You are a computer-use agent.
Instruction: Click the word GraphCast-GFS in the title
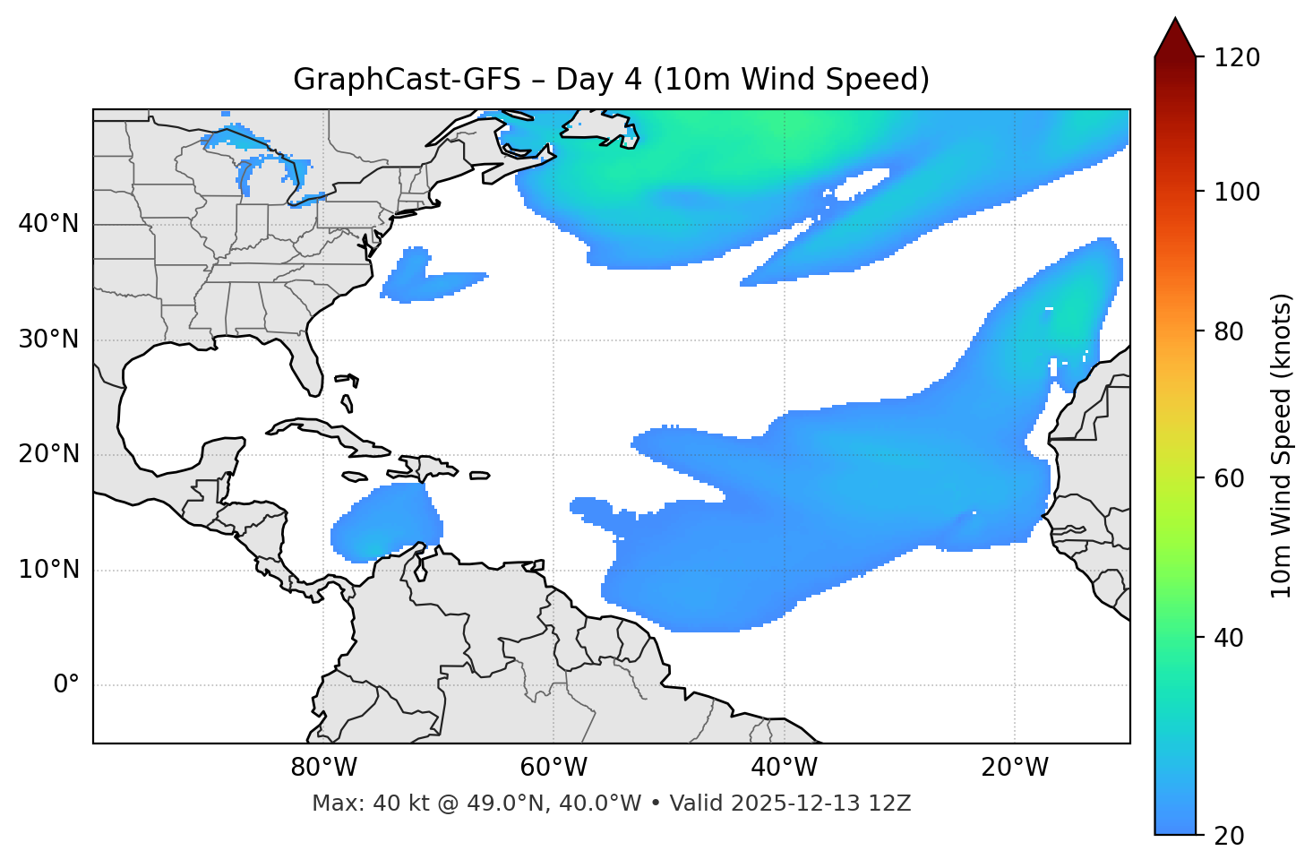pos(407,80)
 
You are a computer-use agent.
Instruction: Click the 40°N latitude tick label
pos(48,224)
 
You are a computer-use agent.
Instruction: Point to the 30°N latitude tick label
pos(48,339)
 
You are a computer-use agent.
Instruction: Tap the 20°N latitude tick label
pos(48,454)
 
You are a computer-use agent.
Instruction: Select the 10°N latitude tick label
pos(48,570)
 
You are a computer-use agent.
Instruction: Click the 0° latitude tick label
pos(66,685)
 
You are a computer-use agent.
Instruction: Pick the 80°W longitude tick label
pos(323,768)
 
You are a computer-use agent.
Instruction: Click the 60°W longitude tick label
pos(554,768)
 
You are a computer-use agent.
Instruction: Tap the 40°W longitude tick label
pos(784,768)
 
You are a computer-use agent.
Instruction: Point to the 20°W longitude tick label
pos(1015,768)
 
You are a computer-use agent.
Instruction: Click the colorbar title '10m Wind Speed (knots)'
pos(1282,445)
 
